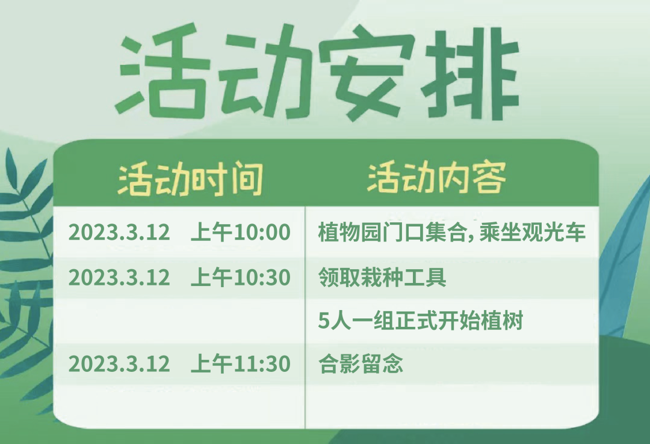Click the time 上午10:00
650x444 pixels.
click(x=240, y=232)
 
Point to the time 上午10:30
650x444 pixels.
click(x=240, y=277)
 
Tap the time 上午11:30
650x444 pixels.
click(x=240, y=363)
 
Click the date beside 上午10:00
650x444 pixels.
click(x=119, y=232)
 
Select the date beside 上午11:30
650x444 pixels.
click(x=119, y=364)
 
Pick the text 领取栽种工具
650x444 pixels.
click(x=382, y=277)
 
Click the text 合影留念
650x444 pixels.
click(x=361, y=363)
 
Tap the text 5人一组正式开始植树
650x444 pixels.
click(x=421, y=321)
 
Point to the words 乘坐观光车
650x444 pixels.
click(x=532, y=232)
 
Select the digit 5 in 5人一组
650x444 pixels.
click(x=323, y=321)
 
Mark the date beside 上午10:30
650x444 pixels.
click(x=119, y=277)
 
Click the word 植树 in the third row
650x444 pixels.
click(x=502, y=321)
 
